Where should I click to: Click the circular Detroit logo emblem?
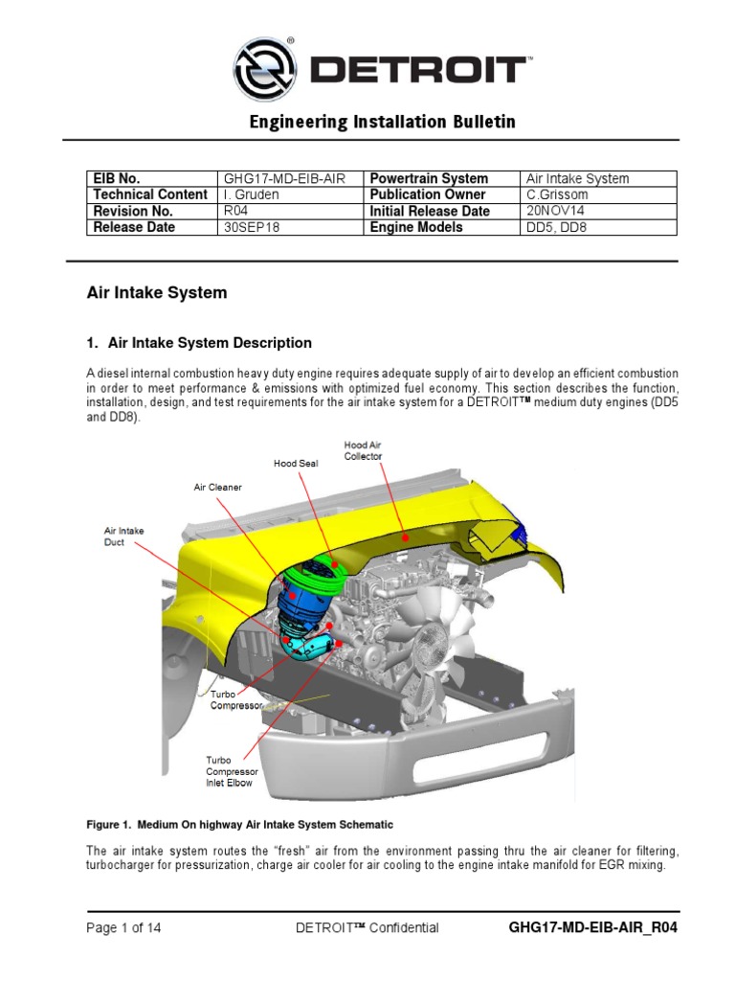tap(265, 69)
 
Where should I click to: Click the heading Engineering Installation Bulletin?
tap(382, 122)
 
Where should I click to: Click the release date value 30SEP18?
tap(247, 227)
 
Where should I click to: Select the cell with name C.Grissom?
tap(557, 194)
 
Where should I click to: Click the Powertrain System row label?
tap(428, 178)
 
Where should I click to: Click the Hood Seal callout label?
tap(295, 463)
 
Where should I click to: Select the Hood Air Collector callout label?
tap(363, 450)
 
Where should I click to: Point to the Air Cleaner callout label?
tap(217, 487)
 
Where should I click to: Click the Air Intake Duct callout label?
tap(121, 536)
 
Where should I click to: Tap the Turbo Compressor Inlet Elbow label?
tap(231, 771)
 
